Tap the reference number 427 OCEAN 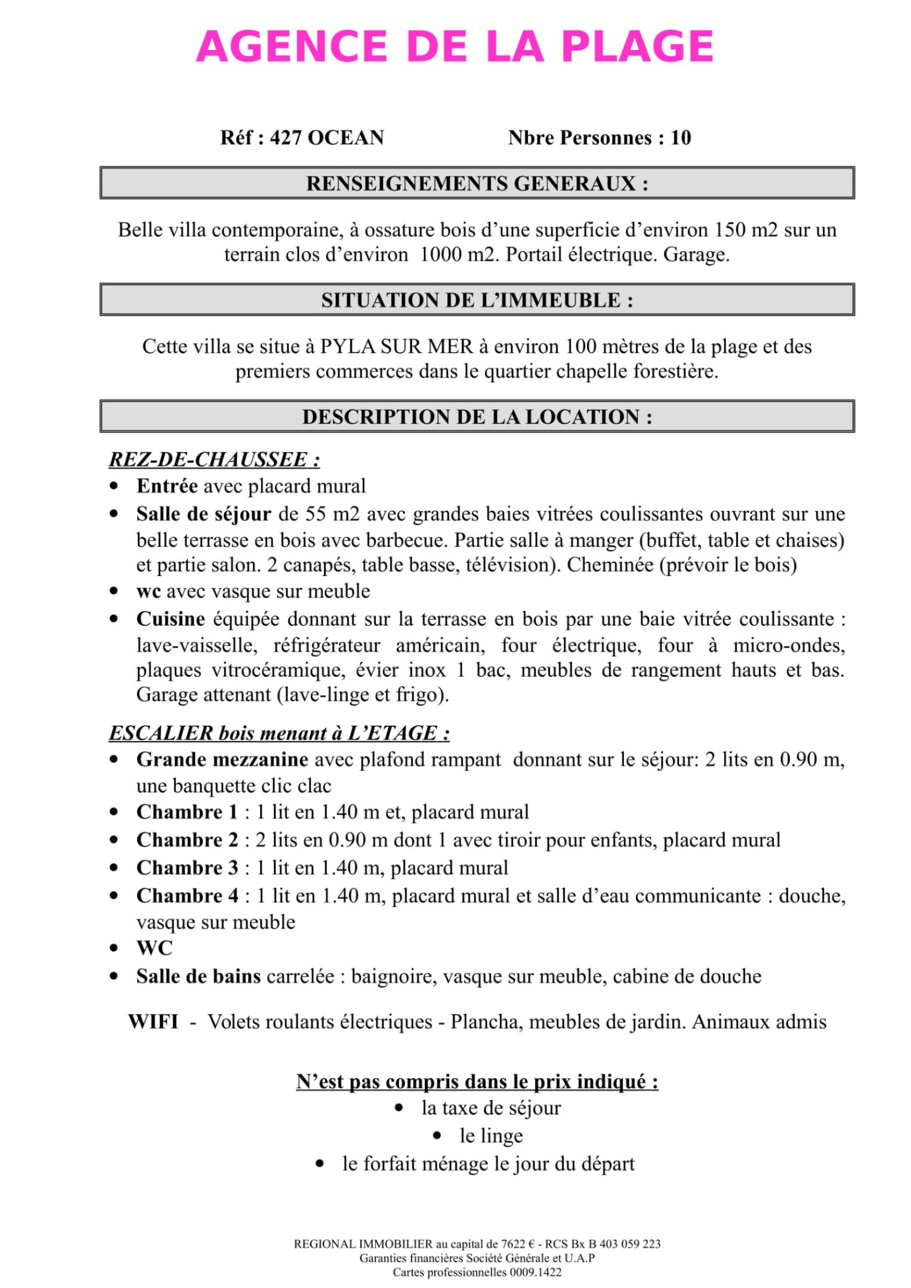point(327,138)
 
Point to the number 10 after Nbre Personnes point(680,138)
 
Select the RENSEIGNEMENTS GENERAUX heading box point(477,183)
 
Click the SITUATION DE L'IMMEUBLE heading point(477,300)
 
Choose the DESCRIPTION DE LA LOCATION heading point(477,417)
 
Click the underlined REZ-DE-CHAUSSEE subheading point(214,459)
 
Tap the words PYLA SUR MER point(396,346)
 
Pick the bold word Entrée point(167,486)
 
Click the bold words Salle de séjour point(203,514)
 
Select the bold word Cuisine point(170,619)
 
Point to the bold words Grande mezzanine point(222,759)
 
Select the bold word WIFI point(153,1022)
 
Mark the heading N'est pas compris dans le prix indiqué point(477,1081)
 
